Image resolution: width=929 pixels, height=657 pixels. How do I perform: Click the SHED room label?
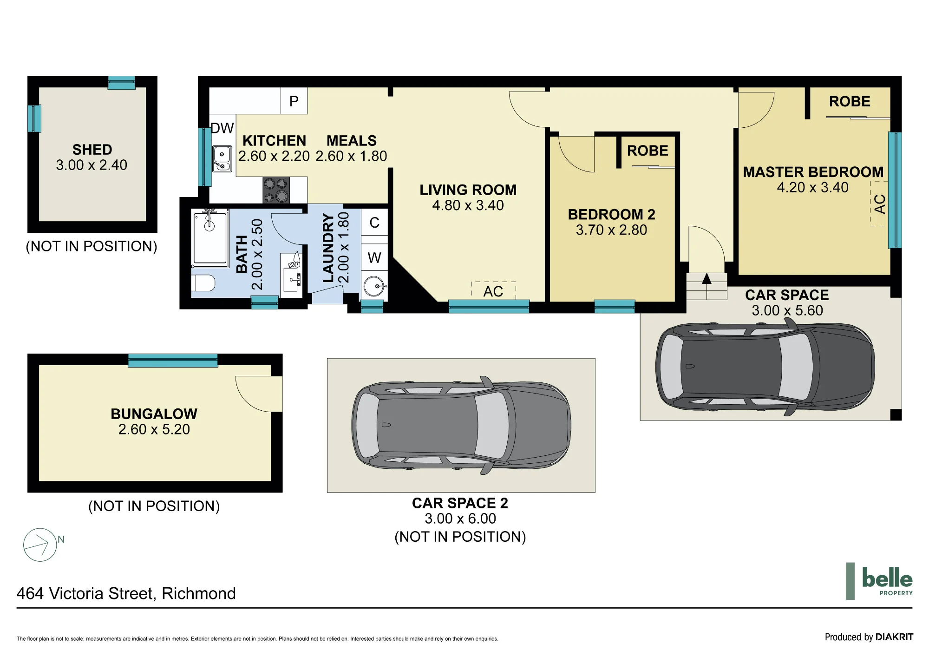coord(92,150)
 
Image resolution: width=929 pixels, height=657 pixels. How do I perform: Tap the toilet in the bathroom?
coord(203,283)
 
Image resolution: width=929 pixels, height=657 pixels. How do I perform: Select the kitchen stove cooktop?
coord(276,190)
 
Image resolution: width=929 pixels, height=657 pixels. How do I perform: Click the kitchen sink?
coord(222,158)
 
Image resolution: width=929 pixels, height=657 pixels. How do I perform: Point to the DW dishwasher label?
coord(222,128)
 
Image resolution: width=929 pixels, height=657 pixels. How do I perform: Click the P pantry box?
coord(294,101)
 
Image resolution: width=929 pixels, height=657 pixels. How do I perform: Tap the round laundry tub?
coord(374,286)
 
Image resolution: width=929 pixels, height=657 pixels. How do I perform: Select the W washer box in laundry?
coord(374,257)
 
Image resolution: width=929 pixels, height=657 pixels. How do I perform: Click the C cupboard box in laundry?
coord(374,223)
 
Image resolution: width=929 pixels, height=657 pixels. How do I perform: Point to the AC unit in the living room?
coord(493,291)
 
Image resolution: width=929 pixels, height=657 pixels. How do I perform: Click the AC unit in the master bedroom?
coord(879,204)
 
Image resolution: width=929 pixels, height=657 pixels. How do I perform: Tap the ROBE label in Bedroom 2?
coord(648,151)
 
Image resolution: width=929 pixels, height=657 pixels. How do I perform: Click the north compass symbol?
coord(40,545)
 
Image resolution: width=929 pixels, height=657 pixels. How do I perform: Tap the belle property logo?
coord(879,581)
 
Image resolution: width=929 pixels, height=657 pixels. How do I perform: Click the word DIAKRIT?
coord(894,637)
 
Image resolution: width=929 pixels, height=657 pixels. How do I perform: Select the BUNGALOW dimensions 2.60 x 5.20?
coord(154,429)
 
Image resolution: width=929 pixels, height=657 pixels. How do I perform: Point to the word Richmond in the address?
coord(199,593)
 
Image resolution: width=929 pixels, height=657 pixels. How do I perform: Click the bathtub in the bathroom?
coord(210,237)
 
